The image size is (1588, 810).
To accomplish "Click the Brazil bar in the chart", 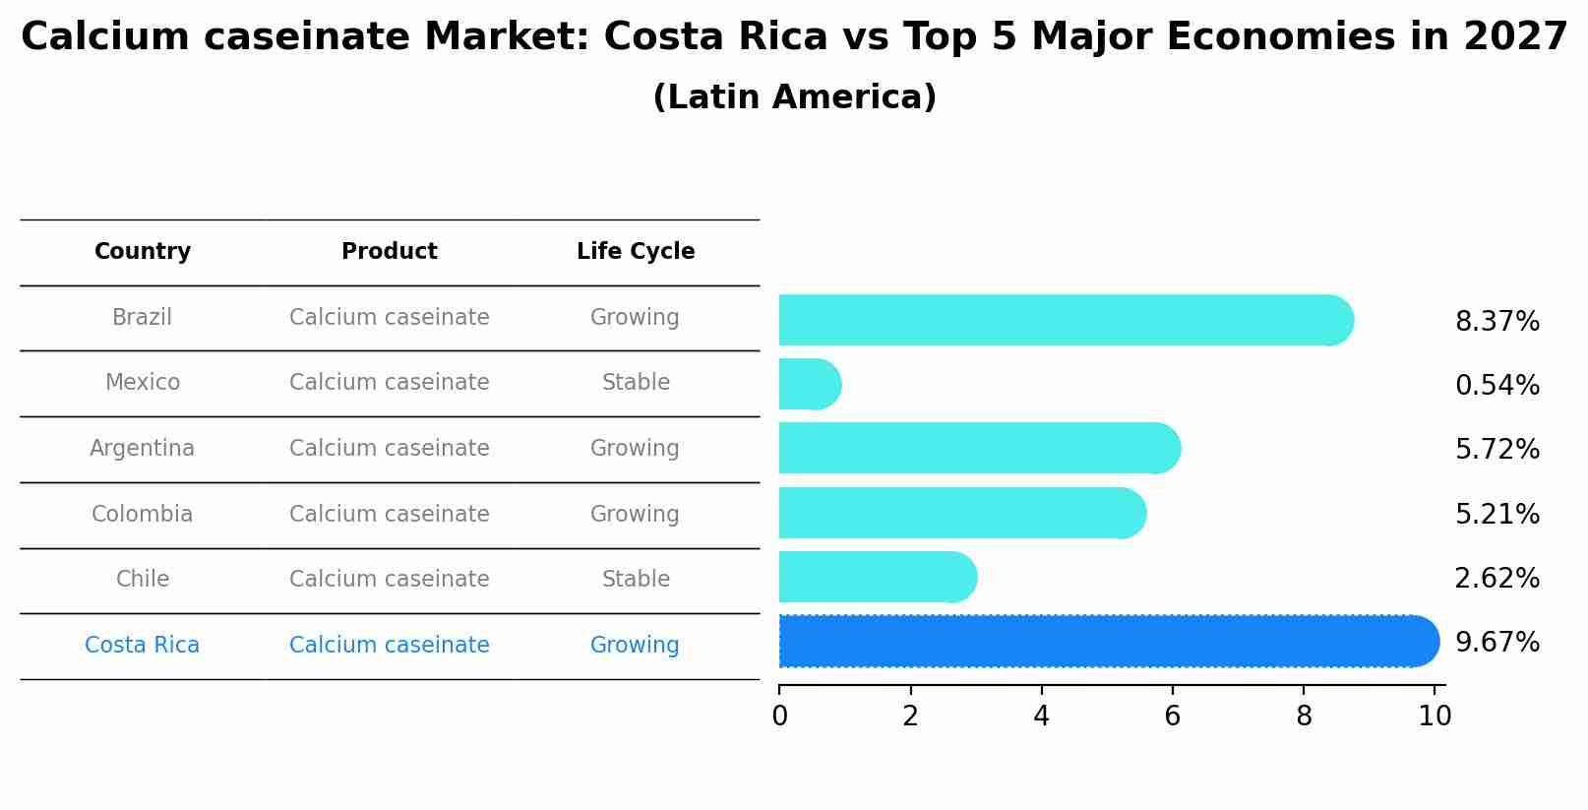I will [1063, 320].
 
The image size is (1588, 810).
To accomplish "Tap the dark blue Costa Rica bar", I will [1107, 642].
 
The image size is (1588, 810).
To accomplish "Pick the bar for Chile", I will [876, 577].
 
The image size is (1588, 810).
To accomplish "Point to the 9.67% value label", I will [1496, 643].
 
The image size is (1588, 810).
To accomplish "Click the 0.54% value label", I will [1496, 386].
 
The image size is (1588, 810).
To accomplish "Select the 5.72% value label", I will [1496, 450].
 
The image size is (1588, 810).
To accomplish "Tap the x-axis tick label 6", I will [1172, 717].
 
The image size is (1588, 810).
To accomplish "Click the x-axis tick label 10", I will [1435, 717].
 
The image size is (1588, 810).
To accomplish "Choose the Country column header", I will [143, 252].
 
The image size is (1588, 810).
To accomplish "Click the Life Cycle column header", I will [636, 252].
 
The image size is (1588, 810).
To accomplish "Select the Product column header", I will [390, 252].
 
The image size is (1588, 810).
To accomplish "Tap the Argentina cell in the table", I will [143, 449].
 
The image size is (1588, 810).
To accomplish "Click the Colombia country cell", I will [143, 515].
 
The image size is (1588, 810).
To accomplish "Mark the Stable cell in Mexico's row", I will [636, 383].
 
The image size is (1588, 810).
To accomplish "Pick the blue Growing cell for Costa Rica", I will [635, 646].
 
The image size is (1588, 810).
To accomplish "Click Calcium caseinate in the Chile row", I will [390, 580].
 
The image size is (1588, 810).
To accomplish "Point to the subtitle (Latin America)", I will [794, 97].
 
